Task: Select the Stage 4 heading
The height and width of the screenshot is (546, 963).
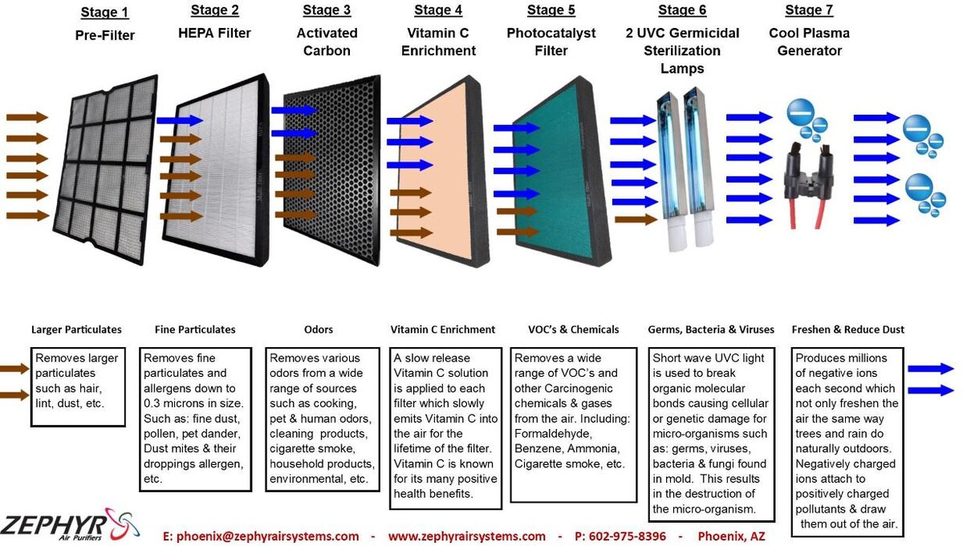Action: tap(438, 10)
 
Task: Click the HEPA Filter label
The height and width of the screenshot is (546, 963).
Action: tap(214, 34)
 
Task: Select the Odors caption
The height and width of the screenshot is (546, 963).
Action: tap(319, 330)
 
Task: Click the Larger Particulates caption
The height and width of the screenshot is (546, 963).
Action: tap(76, 330)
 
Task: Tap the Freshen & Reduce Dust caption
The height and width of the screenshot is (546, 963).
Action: tap(847, 330)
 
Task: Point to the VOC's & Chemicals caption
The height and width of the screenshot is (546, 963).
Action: tap(573, 330)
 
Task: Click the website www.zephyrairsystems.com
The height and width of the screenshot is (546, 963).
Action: tap(466, 536)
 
